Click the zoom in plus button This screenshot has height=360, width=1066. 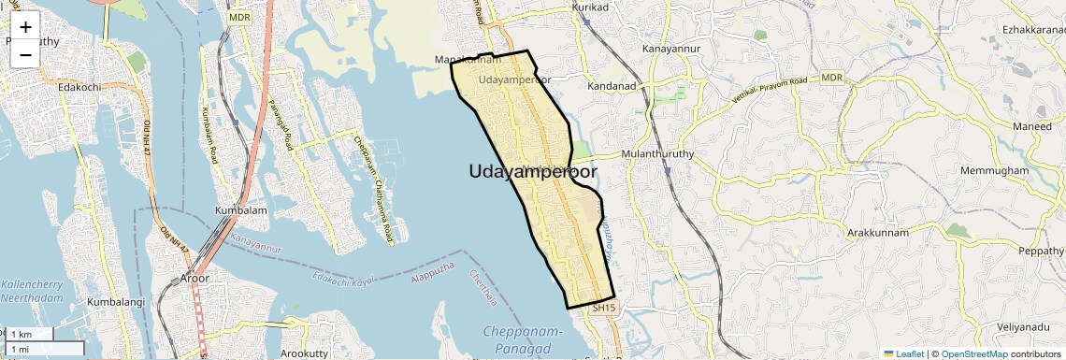(x=25, y=27)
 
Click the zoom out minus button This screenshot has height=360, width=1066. (x=25, y=54)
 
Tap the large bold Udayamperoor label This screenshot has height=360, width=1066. (x=533, y=171)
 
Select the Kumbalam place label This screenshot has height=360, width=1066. (x=241, y=210)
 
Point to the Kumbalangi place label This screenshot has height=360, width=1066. (x=117, y=303)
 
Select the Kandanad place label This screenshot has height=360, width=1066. (x=612, y=86)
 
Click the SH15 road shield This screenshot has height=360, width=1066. (x=605, y=308)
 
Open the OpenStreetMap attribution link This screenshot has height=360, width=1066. (x=973, y=353)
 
